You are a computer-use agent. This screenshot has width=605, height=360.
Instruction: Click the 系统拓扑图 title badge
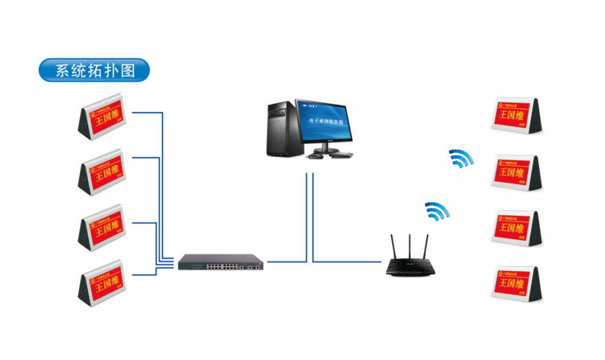(93, 70)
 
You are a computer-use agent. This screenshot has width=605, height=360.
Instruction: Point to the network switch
(221, 262)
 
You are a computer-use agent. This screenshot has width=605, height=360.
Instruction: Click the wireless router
(411, 266)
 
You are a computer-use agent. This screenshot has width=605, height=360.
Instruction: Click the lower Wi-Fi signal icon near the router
(436, 211)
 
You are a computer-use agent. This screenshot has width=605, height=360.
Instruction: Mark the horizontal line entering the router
(351, 261)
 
